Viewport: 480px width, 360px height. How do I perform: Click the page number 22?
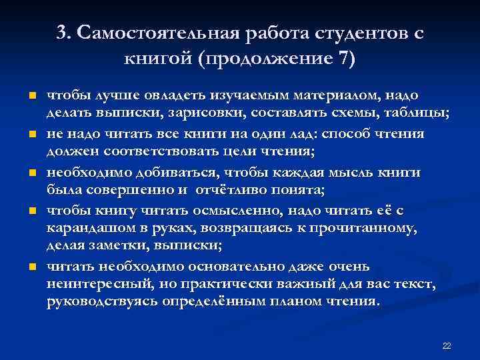[446, 346]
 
